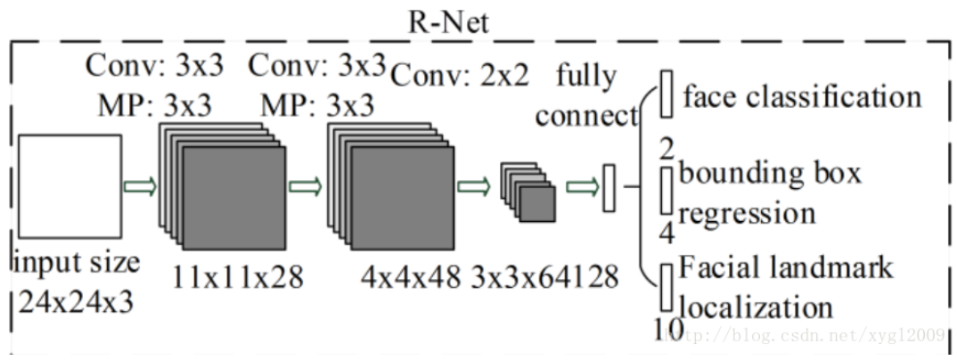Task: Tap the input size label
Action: click(77, 263)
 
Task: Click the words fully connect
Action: click(587, 96)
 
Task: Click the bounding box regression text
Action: click(770, 192)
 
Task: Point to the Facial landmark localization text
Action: click(785, 286)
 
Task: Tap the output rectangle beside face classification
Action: click(665, 95)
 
